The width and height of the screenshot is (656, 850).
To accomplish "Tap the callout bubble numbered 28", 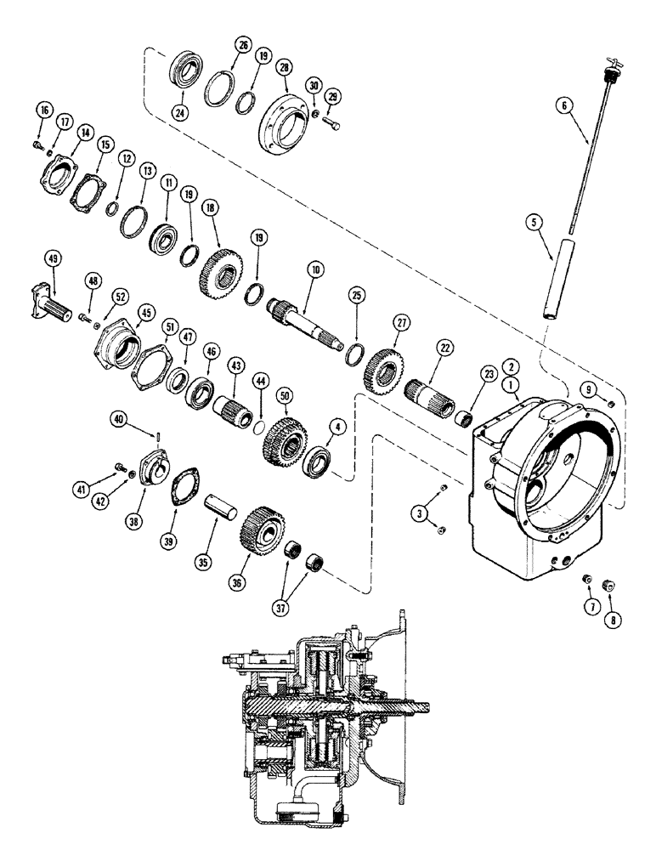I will tap(284, 66).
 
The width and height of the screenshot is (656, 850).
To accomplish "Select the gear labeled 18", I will tap(215, 269).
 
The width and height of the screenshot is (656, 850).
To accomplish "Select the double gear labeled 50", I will tap(281, 439).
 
